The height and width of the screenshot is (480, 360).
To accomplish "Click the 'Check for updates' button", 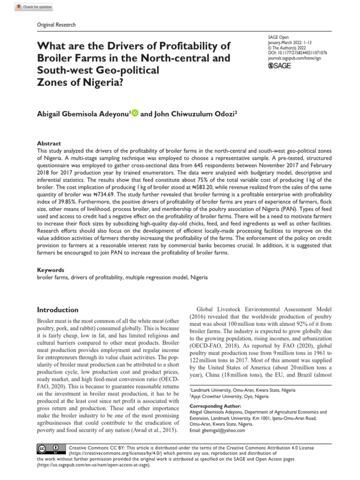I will [x=34, y=7].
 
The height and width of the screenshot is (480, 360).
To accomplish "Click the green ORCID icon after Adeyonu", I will [x=135, y=112].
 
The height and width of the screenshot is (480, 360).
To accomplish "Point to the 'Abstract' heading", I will [x=49, y=143].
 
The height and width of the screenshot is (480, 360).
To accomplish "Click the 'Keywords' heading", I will [x=51, y=270].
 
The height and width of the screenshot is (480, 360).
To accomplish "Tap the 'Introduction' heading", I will [x=58, y=310].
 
